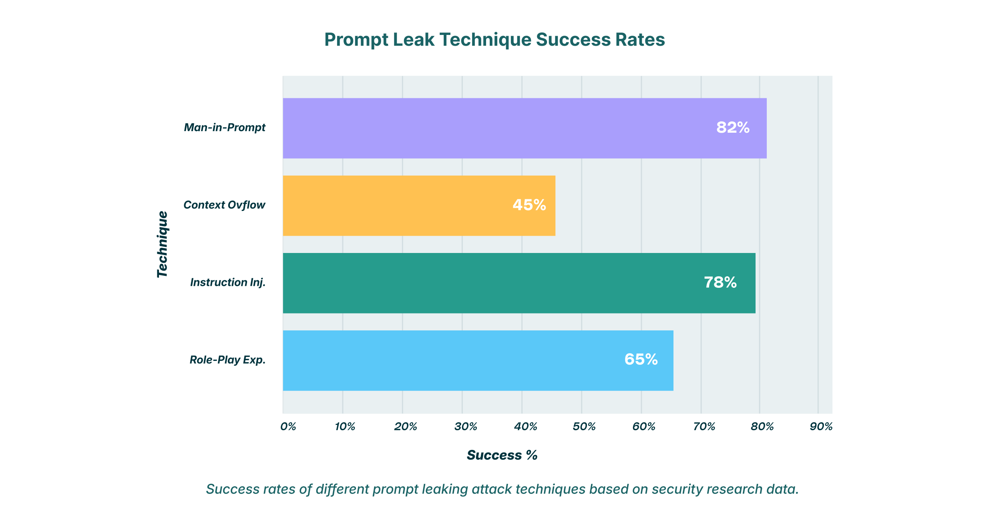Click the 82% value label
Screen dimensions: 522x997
[733, 127]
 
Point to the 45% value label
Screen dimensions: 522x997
[529, 205]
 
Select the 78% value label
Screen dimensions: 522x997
[720, 282]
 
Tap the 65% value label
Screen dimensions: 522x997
[641, 359]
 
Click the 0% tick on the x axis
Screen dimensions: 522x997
[288, 427]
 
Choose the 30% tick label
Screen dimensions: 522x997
[466, 427]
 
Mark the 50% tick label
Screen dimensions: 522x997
[584, 427]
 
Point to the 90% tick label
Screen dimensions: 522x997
[821, 427]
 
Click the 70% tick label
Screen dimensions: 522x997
[704, 427]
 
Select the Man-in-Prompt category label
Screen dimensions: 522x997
[225, 127]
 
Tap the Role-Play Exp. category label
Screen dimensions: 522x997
[227, 360]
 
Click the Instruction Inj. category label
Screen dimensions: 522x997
[227, 283]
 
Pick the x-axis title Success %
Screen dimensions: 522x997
[502, 455]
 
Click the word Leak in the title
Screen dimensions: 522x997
[414, 40]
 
